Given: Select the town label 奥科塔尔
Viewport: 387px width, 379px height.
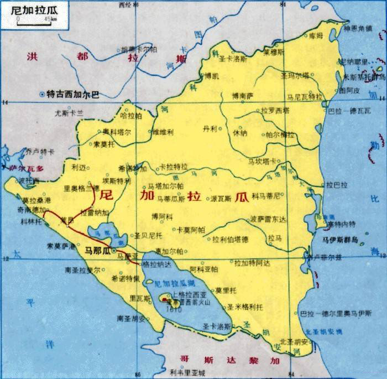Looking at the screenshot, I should click(117, 133).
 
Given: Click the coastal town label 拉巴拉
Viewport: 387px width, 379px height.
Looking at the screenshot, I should click(337, 184).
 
